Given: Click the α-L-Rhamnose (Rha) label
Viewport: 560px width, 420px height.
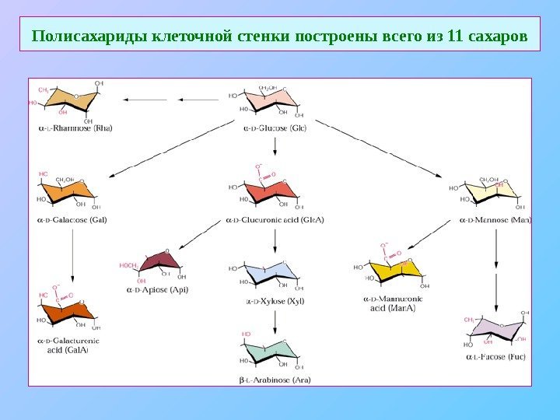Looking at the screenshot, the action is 75,128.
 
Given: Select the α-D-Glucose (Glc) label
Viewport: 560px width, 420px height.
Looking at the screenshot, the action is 275,128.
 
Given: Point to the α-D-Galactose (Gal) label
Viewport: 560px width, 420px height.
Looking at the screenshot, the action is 72,220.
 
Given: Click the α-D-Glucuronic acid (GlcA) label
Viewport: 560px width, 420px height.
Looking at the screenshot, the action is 275,220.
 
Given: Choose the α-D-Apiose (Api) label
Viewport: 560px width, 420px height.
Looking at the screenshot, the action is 157,290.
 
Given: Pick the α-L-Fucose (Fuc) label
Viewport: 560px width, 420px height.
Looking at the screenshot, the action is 495,357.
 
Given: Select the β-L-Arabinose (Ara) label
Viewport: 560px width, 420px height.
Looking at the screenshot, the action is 275,380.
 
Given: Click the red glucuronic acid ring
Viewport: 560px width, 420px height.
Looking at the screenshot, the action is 269,191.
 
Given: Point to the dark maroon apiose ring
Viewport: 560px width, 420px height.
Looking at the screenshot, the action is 161,263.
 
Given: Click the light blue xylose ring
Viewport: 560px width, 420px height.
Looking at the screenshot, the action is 269,272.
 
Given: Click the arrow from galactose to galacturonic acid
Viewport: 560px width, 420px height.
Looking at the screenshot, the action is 72,257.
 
